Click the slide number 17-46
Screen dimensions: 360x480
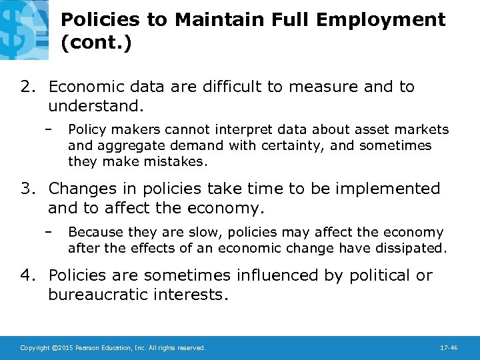click(449, 348)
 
